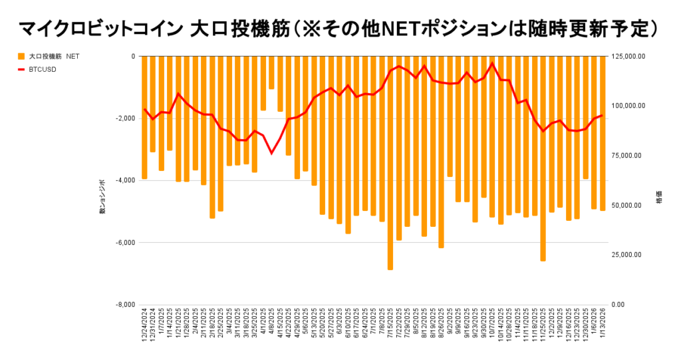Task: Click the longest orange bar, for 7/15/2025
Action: point(390,163)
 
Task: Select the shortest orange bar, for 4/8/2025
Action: point(271,73)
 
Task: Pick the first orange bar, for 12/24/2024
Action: point(144,117)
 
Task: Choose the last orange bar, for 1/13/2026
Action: point(602,133)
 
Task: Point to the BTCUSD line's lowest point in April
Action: point(271,153)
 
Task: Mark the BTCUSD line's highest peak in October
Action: point(492,63)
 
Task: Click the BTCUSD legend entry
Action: point(43,69)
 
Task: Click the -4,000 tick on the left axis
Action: point(124,180)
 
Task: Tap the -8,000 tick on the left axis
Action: point(124,305)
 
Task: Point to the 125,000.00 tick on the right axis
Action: point(628,57)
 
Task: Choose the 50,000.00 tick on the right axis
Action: point(627,206)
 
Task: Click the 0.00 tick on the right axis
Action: point(618,305)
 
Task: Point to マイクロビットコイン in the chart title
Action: point(100,29)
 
